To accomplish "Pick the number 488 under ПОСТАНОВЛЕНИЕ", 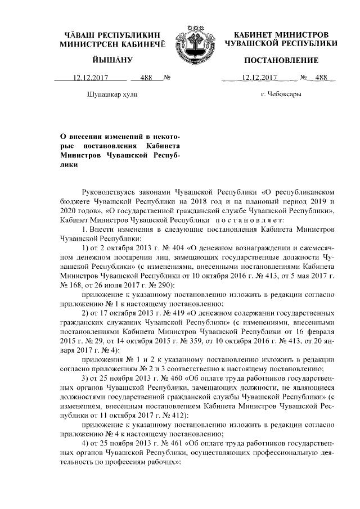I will pyautogui.click(x=321, y=78).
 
